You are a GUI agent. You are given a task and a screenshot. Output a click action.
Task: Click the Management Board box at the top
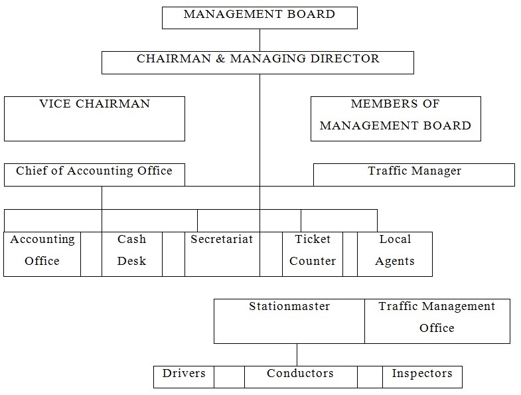click(x=260, y=18)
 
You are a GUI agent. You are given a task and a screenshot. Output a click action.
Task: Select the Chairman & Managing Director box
click(x=258, y=62)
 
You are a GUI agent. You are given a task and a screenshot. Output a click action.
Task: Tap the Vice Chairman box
click(x=94, y=119)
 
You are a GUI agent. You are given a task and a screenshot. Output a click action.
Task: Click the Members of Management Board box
click(x=396, y=119)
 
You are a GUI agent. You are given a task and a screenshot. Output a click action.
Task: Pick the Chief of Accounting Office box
click(x=94, y=175)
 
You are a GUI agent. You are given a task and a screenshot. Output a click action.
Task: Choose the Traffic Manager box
click(x=414, y=175)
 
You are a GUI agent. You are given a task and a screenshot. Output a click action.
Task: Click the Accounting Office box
click(x=42, y=254)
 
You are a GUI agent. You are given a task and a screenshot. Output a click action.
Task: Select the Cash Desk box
click(x=132, y=254)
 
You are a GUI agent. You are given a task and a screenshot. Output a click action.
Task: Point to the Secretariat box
click(x=222, y=254)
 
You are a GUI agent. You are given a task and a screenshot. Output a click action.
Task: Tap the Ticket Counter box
click(x=313, y=254)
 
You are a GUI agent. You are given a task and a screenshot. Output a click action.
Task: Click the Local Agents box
click(x=395, y=254)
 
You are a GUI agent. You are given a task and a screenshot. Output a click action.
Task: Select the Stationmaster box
click(x=289, y=321)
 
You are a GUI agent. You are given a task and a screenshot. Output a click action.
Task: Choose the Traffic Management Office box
click(x=437, y=321)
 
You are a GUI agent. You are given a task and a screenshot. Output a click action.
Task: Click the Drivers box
click(x=184, y=376)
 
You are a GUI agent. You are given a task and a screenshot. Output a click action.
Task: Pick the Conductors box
click(x=301, y=376)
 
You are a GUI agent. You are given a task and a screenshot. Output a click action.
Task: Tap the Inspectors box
click(x=422, y=376)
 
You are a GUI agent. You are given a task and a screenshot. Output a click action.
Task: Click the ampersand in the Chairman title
click(x=220, y=59)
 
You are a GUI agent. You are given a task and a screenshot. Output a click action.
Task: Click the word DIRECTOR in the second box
click(x=345, y=58)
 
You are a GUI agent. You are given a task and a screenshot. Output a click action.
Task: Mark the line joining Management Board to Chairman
click(x=260, y=40)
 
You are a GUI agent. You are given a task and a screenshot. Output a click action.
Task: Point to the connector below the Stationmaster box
click(x=297, y=355)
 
